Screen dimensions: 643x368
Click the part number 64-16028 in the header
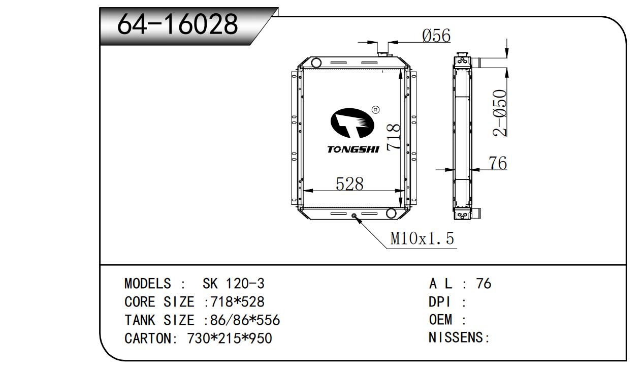point(177,24)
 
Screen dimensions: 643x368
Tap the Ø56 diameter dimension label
point(436,36)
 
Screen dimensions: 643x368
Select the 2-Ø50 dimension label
point(500,113)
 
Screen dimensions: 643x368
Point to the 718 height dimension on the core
point(393,137)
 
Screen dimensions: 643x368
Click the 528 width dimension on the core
point(349,184)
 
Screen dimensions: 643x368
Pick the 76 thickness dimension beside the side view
point(498,163)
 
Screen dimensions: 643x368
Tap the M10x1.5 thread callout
point(422,238)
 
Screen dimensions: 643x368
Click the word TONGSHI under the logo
point(353,149)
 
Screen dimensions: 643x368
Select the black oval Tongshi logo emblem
point(352,123)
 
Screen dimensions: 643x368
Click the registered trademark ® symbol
point(375,110)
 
